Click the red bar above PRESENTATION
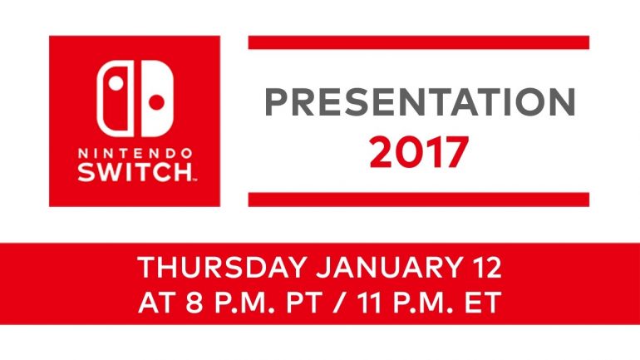tap(419, 42)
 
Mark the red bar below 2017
tap(419, 199)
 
